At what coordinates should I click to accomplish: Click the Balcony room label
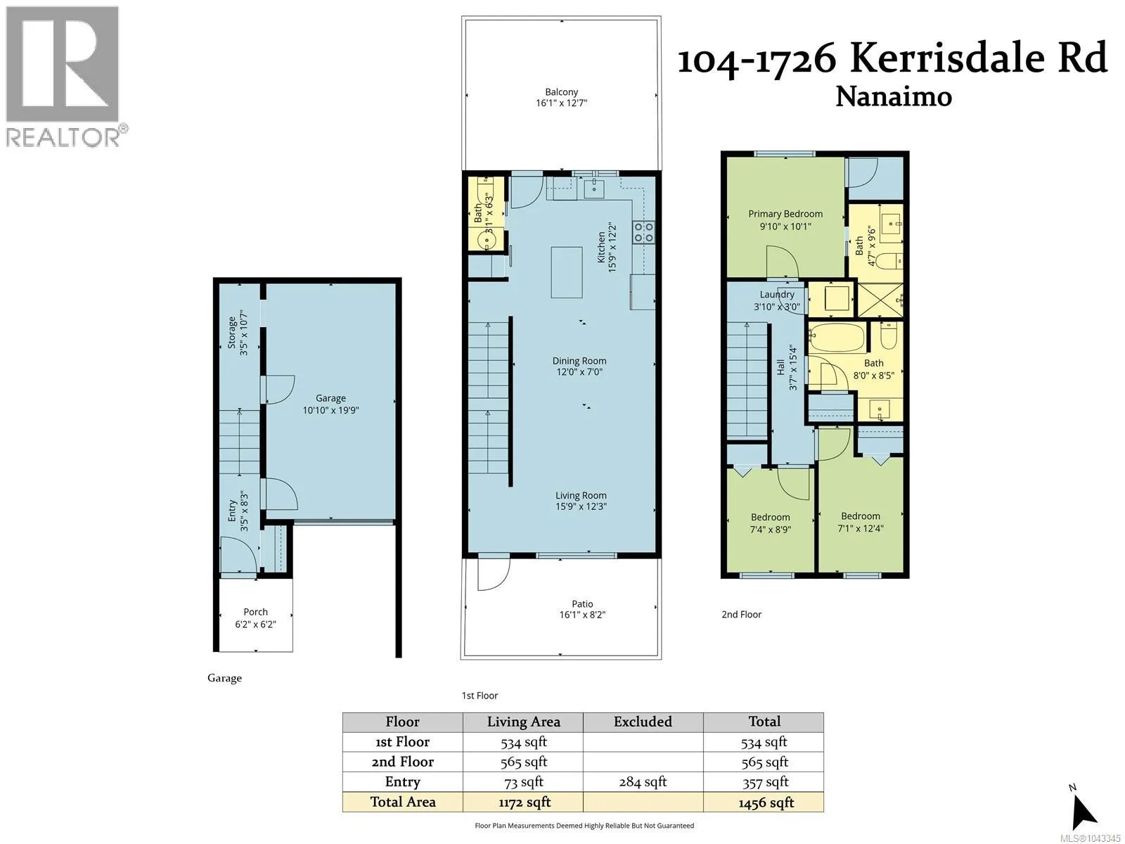click(561, 91)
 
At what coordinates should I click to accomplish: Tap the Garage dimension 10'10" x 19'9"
click(330, 410)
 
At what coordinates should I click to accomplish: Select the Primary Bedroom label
click(785, 214)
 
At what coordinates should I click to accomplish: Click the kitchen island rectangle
click(566, 272)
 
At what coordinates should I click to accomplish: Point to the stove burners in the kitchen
click(643, 231)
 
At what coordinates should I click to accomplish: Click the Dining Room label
click(579, 361)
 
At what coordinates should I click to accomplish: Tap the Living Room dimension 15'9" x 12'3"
click(581, 506)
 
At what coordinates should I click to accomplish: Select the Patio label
click(582, 603)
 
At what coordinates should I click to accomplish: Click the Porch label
click(255, 611)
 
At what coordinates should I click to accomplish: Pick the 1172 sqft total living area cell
click(525, 802)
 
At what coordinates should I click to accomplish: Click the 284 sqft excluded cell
click(643, 781)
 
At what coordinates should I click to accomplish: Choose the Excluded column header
click(643, 722)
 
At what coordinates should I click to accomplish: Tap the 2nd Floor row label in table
click(403, 762)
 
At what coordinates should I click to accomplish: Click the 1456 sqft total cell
click(766, 803)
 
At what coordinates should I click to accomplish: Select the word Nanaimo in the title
click(894, 96)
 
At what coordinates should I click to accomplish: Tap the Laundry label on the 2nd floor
click(777, 294)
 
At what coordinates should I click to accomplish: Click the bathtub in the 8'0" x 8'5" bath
click(837, 337)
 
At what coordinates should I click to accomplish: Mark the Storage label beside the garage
click(232, 332)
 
